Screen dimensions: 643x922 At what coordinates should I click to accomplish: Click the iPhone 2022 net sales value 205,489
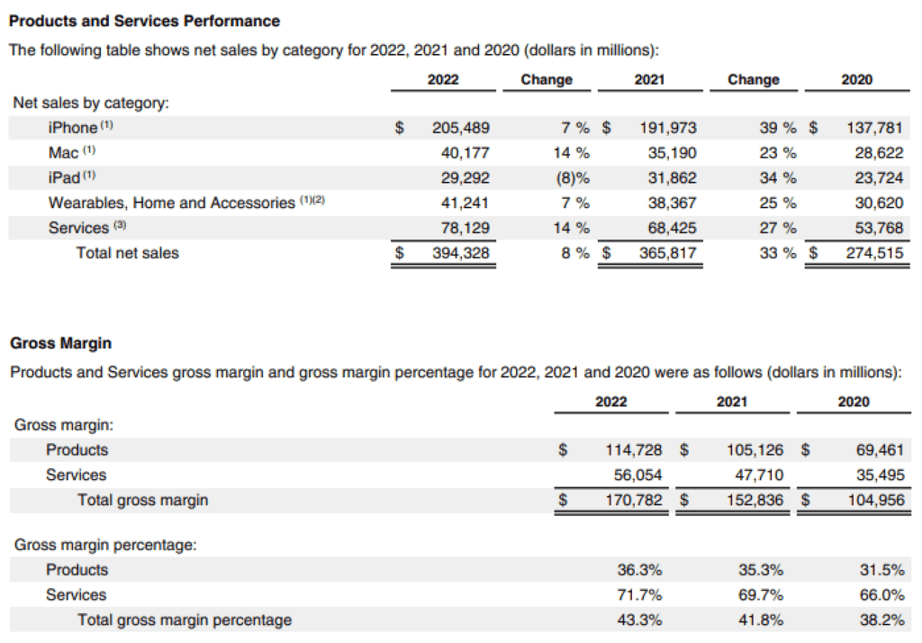(460, 128)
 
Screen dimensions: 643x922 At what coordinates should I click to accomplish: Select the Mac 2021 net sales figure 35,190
(672, 152)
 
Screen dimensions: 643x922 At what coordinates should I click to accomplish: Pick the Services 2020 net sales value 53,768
(878, 228)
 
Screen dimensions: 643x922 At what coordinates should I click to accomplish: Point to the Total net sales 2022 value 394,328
(460, 253)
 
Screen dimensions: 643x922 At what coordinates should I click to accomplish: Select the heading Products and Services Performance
(144, 21)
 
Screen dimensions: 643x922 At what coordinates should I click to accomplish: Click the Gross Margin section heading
(59, 343)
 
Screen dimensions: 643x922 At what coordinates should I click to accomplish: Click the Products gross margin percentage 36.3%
(640, 570)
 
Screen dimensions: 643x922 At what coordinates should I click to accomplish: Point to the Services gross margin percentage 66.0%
(883, 595)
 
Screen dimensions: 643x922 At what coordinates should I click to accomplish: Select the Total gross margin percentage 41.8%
(762, 620)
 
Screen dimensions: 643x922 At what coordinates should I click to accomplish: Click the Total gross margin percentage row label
(185, 620)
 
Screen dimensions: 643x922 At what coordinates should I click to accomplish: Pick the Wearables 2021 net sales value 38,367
(672, 203)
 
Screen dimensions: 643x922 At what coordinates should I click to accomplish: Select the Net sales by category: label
(91, 103)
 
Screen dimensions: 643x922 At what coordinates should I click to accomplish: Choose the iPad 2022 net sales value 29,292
(465, 177)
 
